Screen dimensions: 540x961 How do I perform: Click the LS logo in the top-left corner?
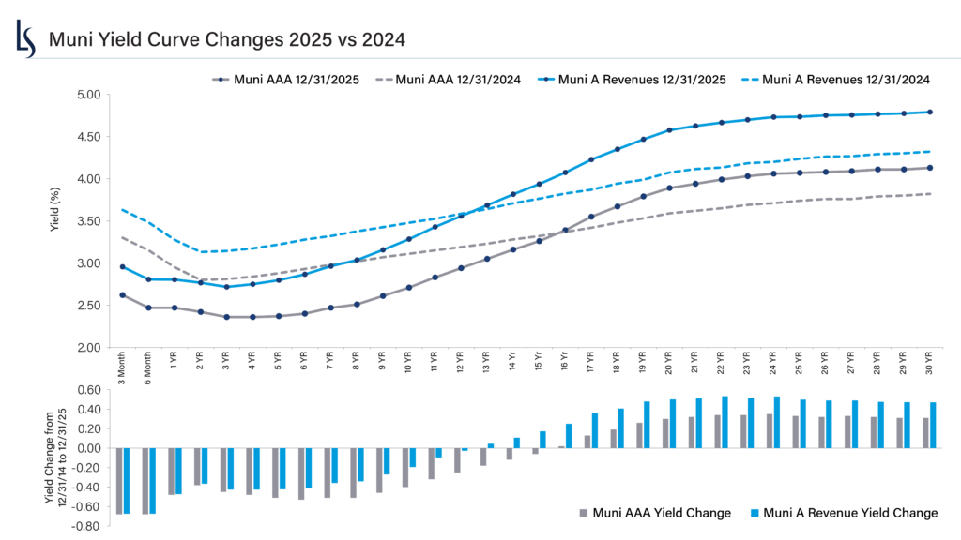26,38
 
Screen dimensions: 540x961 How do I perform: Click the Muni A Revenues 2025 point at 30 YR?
929,112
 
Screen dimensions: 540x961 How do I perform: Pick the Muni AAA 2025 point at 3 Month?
122,295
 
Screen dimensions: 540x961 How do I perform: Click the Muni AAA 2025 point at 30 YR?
929,168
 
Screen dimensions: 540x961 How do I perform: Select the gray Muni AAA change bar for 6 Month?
145,480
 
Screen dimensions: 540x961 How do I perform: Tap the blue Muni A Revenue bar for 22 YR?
725,422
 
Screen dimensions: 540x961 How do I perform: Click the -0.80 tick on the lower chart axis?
86,527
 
